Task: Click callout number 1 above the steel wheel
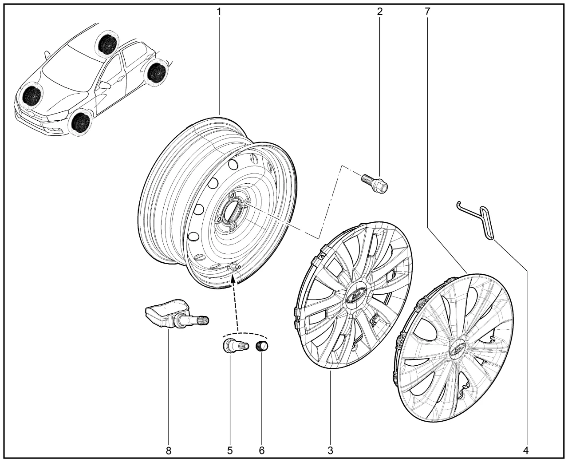pos(219,11)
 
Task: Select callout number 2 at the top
pos(380,11)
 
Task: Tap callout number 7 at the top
pos(427,11)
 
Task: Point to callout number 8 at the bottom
pos(168,450)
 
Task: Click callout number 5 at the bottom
pos(230,450)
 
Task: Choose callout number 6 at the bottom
pos(261,450)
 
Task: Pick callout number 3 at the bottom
pos(330,450)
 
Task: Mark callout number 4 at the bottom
pos(526,450)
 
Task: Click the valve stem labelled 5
pos(234,345)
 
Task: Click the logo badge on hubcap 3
pos(356,294)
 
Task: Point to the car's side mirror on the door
pos(105,85)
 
